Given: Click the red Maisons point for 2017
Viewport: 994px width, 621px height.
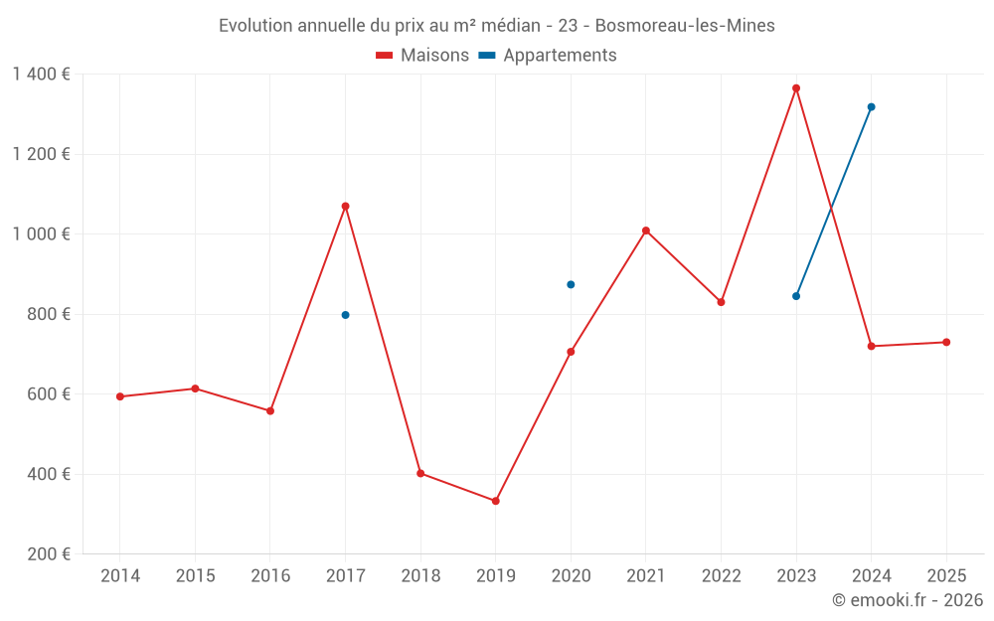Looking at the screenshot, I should click(345, 207).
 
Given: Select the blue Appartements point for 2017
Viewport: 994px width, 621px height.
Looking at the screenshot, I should click(345, 315).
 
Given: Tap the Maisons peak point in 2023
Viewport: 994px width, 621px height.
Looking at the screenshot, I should click(796, 88).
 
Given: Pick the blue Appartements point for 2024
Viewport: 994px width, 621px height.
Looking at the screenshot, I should click(872, 107).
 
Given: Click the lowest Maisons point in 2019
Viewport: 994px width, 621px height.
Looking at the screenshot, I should click(495, 501).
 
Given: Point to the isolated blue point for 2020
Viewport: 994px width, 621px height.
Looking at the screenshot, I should click(571, 285).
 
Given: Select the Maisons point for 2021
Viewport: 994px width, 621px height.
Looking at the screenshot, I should click(646, 231).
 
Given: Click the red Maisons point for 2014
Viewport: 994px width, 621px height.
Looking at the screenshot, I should click(120, 396).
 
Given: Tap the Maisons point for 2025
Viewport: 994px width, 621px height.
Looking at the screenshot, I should click(946, 343).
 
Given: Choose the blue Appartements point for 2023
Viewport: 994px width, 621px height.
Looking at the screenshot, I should click(796, 296).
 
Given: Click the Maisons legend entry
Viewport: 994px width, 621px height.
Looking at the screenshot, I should click(422, 56).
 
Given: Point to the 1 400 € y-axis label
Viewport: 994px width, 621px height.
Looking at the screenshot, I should click(41, 75).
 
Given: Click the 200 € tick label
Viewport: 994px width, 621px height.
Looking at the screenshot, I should click(51, 554).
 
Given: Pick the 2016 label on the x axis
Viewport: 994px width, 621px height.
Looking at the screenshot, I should click(270, 576).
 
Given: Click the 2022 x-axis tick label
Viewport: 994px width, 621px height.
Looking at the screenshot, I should click(721, 576).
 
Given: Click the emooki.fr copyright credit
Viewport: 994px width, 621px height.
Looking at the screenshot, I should click(907, 600).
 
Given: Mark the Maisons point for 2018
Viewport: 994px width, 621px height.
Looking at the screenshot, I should click(420, 474).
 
